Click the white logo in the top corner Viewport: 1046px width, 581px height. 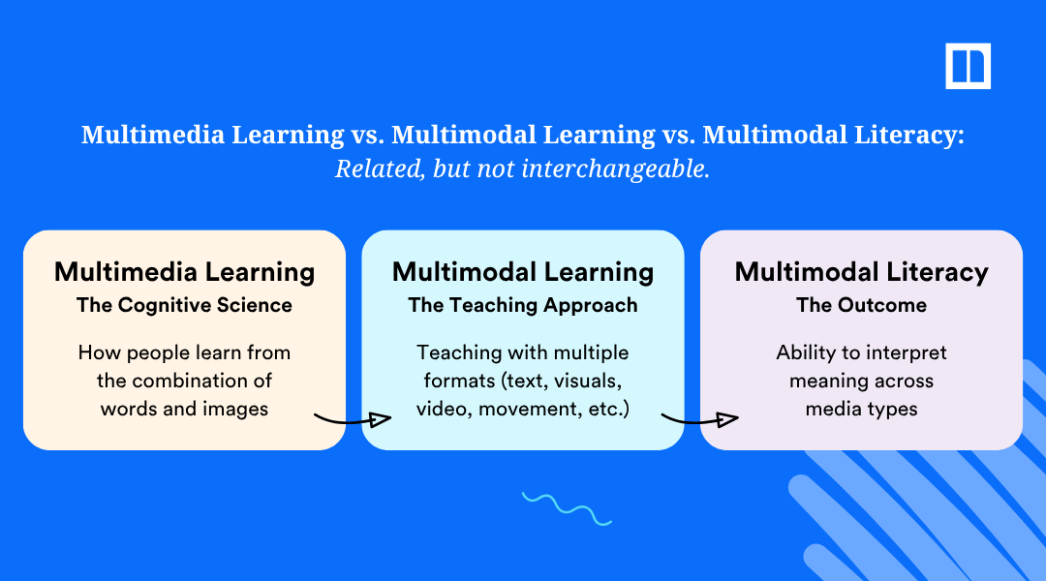coord(968,66)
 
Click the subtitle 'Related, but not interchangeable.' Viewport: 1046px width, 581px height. coord(522,168)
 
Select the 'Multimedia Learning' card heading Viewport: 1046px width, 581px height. coord(184,272)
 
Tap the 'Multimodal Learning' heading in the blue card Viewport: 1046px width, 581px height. coord(523,272)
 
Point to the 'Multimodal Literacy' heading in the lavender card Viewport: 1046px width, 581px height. coord(861,272)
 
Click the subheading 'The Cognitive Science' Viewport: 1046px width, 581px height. coord(184,305)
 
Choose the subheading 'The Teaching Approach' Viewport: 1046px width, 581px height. coord(523,305)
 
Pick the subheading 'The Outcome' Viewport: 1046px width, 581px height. coord(861,305)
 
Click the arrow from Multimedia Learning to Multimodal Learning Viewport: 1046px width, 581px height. coord(353,419)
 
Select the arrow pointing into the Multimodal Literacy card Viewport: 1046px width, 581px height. coord(699,419)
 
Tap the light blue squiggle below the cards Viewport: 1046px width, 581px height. coord(567,508)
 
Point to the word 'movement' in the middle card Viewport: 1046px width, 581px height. coord(538,409)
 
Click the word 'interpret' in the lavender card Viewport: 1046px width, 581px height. coord(908,352)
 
